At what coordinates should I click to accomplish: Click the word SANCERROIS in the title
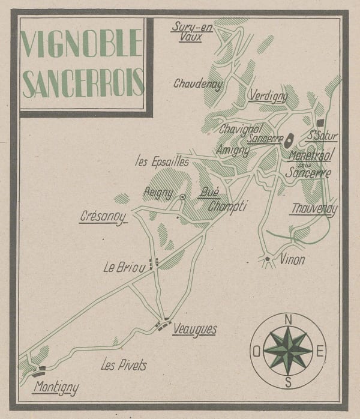[83, 83]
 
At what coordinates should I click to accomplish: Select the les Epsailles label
[162, 161]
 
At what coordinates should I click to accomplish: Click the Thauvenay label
[314, 209]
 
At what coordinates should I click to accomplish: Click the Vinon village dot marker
[267, 259]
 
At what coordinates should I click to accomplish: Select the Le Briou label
[124, 268]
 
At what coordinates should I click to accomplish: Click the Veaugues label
[193, 328]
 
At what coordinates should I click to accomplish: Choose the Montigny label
[56, 388]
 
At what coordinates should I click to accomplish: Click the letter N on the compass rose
[288, 319]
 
